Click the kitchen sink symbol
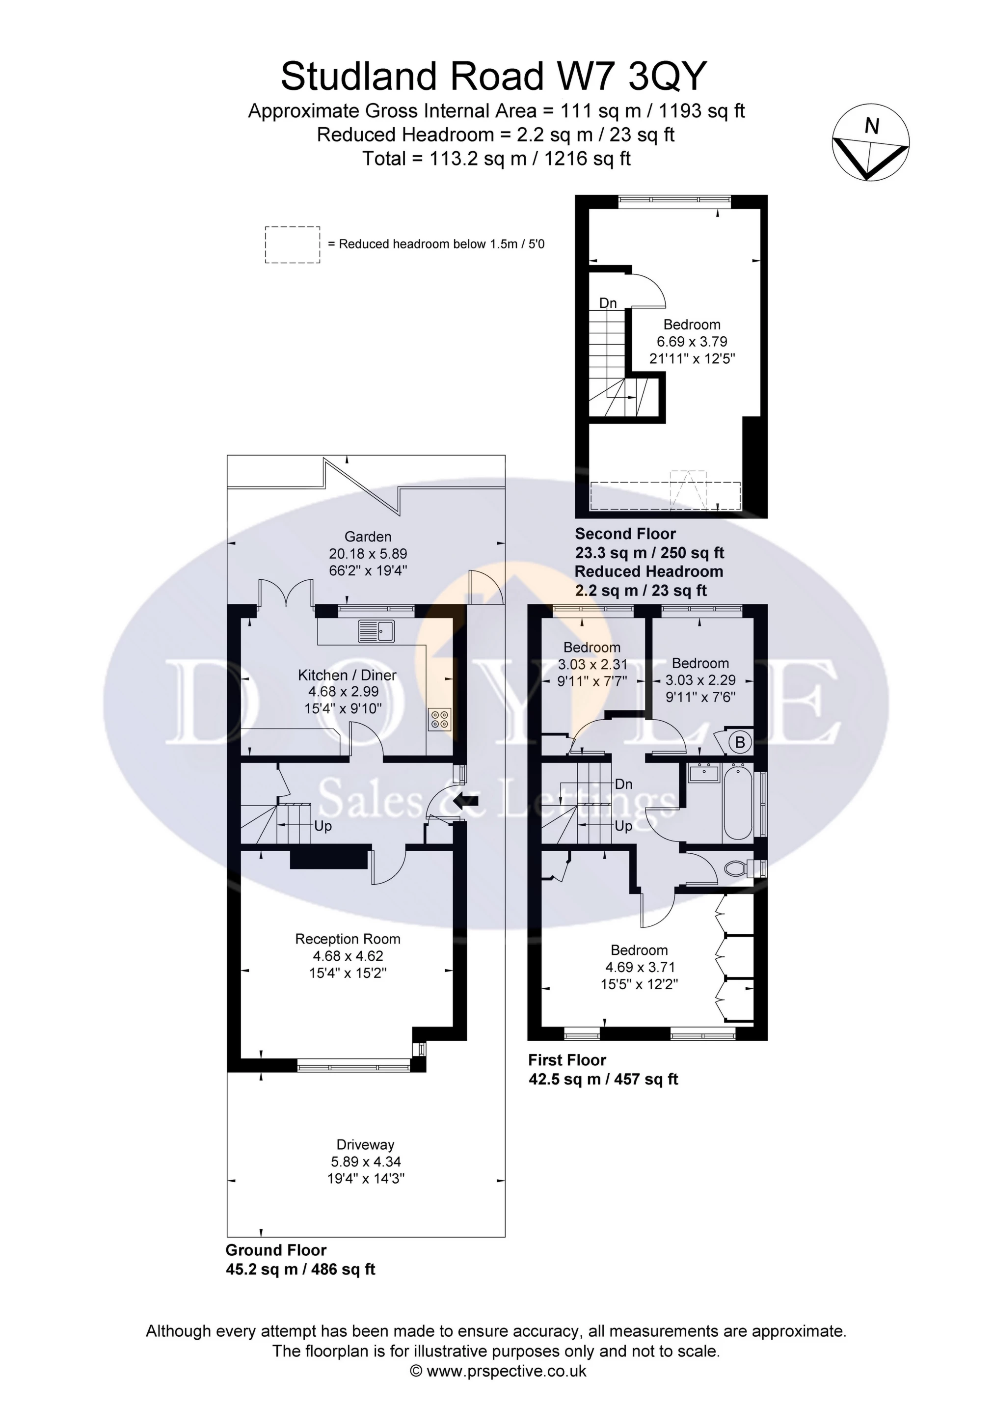click(377, 631)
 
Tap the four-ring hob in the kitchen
click(439, 719)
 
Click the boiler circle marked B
click(740, 743)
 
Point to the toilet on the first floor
click(735, 868)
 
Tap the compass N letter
click(871, 126)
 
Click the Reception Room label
click(348, 939)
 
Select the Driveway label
click(365, 1145)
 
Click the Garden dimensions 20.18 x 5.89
click(368, 553)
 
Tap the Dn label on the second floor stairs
click(607, 303)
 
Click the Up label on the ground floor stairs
click(323, 826)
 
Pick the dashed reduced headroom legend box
click(293, 244)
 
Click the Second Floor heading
click(625, 534)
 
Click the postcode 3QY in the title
click(668, 76)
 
